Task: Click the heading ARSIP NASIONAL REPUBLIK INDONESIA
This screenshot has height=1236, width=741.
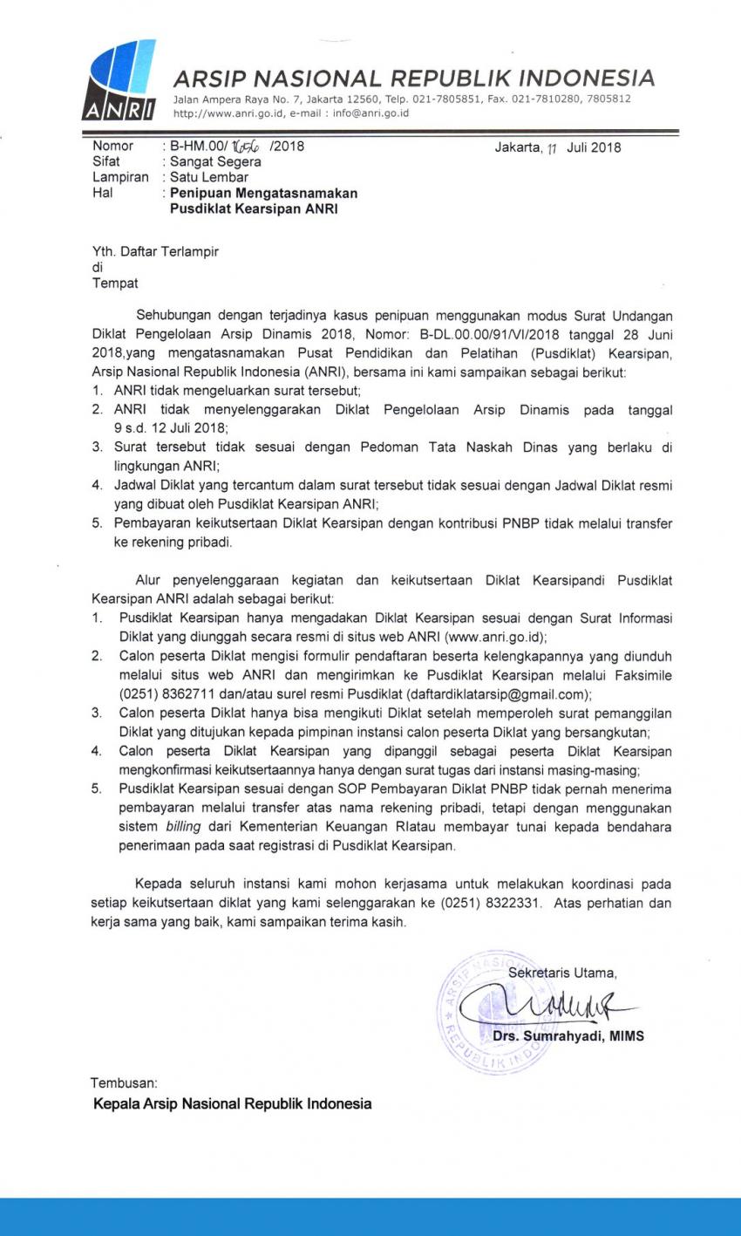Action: (x=413, y=79)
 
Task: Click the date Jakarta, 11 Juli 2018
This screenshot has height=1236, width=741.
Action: (x=558, y=147)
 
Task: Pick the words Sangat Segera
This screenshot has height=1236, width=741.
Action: (x=215, y=161)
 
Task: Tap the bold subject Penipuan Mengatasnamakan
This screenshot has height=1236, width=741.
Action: (x=263, y=193)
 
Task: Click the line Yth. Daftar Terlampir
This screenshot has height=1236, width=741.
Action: (x=155, y=252)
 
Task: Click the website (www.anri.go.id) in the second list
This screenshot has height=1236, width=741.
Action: (x=495, y=636)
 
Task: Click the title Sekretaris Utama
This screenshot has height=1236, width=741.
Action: (x=562, y=972)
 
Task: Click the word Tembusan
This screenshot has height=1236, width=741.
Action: (x=124, y=1082)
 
